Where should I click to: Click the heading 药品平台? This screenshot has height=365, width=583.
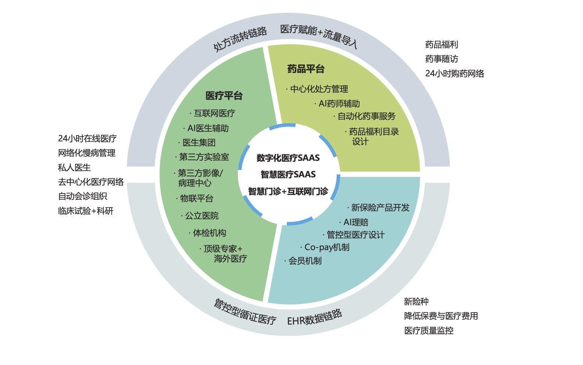306,69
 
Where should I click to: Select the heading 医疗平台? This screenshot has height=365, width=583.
224,96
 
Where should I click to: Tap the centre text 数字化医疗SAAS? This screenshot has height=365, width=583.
288,158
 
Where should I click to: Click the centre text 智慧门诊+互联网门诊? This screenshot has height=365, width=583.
288,191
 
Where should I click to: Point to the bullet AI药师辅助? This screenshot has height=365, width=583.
339,104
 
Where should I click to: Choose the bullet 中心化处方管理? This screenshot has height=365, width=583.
319,89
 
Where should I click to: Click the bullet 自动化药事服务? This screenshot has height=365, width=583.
366,116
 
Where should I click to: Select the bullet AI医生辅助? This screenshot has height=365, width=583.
208,128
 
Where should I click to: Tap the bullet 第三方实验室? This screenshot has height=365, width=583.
204,157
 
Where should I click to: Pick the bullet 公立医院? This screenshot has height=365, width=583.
201,216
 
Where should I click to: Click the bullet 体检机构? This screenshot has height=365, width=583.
209,233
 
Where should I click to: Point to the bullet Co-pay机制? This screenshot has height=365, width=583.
326,247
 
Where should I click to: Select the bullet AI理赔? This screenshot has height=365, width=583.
355,222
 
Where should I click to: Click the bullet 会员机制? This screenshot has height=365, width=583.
305,261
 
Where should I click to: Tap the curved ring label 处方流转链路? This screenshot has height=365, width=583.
240,39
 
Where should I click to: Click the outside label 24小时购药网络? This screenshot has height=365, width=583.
454,73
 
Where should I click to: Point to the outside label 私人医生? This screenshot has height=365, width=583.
74,167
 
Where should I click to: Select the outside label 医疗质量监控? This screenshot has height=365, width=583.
429,330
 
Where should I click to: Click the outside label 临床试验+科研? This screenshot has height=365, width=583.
86,211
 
